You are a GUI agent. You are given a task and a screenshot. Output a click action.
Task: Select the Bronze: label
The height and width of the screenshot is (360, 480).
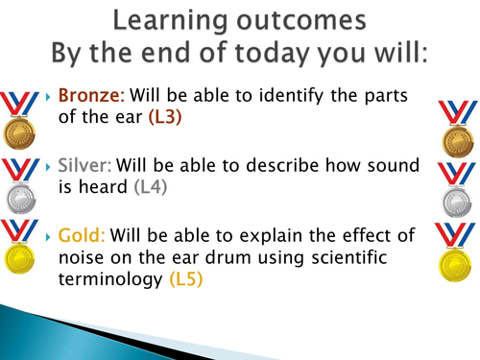point(90,97)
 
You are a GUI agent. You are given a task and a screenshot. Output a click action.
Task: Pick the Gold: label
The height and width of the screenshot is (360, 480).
point(82,233)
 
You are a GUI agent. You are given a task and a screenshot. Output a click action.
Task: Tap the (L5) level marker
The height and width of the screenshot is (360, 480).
point(188,279)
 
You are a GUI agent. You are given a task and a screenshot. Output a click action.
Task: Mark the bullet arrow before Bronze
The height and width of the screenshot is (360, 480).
point(50,97)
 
